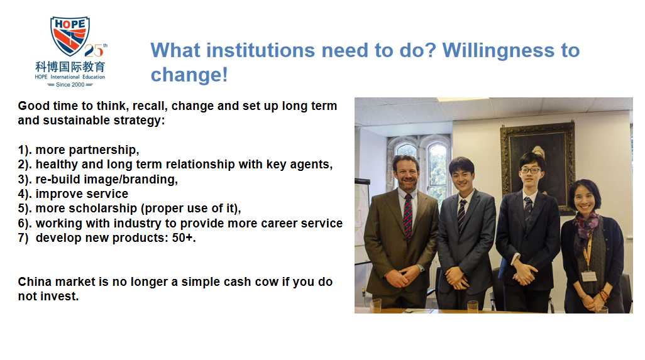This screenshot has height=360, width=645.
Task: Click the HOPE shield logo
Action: tap(70, 36)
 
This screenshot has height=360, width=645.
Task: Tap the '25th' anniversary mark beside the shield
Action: tap(96, 50)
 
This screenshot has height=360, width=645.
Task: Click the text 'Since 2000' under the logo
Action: tap(70, 85)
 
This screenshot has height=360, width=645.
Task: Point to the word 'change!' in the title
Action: tap(189, 75)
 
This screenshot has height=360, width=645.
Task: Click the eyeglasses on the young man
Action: tap(530, 170)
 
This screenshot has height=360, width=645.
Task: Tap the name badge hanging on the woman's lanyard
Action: tap(589, 276)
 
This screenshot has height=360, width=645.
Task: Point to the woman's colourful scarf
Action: tap(585, 230)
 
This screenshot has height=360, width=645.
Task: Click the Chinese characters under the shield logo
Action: tap(70, 67)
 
